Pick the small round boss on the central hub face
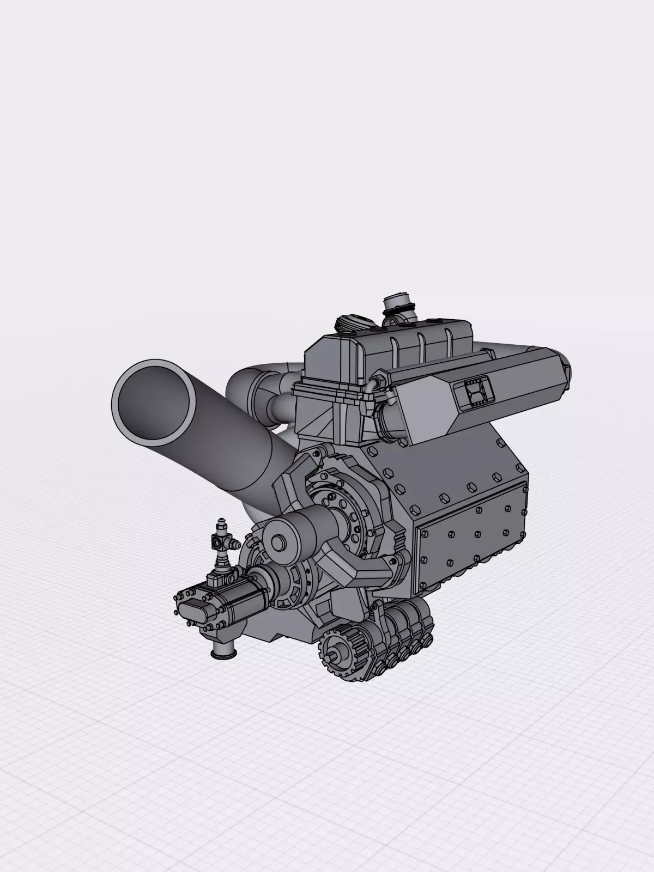tap(279, 542)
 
